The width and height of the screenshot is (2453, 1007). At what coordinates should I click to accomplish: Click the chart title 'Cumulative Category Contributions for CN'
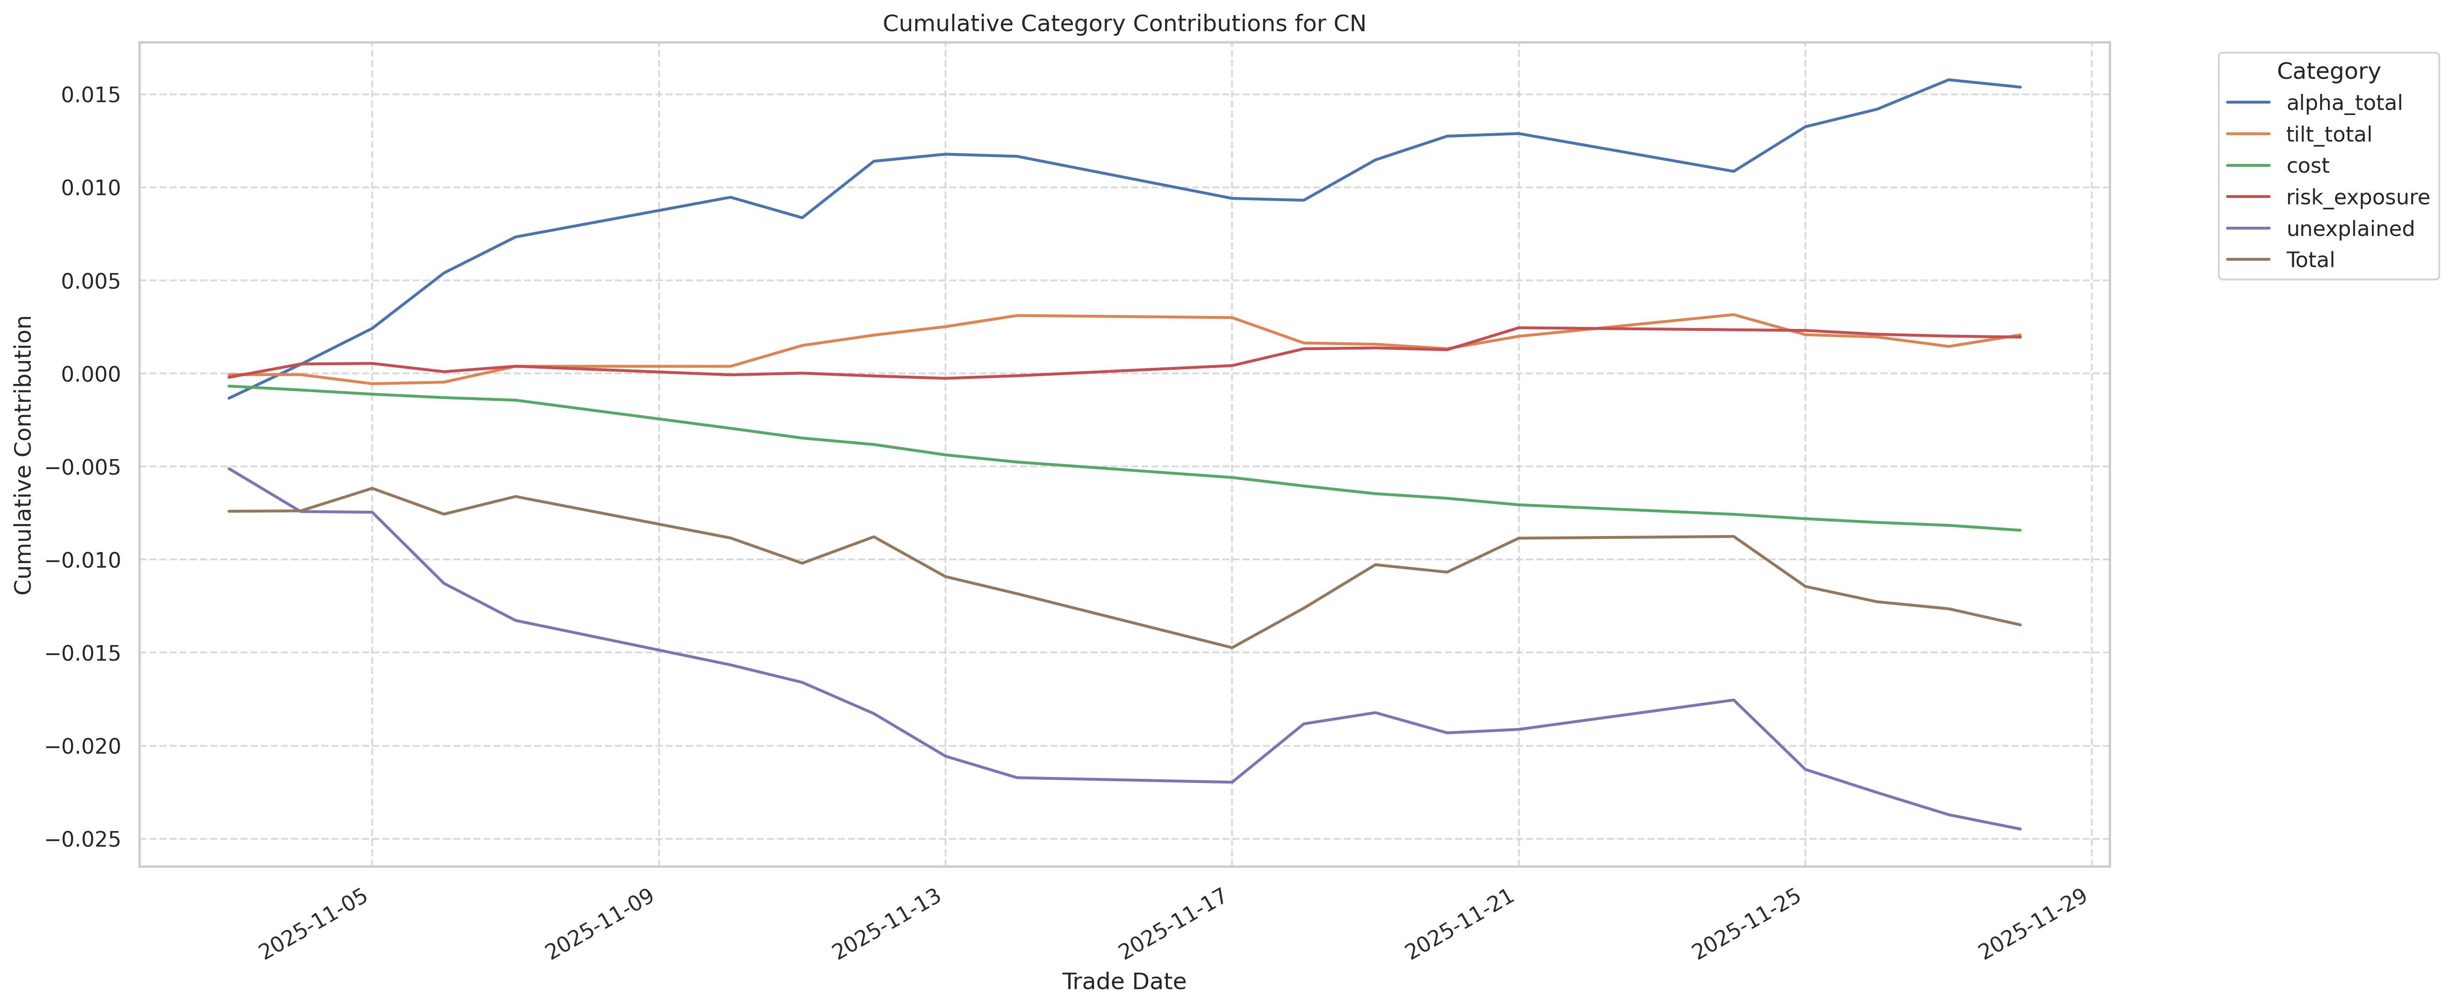[1124, 24]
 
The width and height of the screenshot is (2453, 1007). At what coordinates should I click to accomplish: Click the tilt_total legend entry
[2328, 134]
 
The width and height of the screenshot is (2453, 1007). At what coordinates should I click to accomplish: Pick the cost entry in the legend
[2307, 165]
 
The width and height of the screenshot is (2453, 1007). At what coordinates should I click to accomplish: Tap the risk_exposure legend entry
[2357, 197]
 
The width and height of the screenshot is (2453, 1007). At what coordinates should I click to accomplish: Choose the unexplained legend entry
[2349, 229]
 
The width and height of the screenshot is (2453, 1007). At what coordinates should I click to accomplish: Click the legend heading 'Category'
[2327, 71]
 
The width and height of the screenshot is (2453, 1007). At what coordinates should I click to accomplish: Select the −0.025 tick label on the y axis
[84, 839]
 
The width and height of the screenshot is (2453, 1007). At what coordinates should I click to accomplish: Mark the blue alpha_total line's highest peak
[1948, 80]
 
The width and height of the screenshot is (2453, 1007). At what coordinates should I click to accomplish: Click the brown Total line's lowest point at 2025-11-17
[1231, 648]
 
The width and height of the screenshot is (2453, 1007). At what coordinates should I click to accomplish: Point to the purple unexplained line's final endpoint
[2020, 829]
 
